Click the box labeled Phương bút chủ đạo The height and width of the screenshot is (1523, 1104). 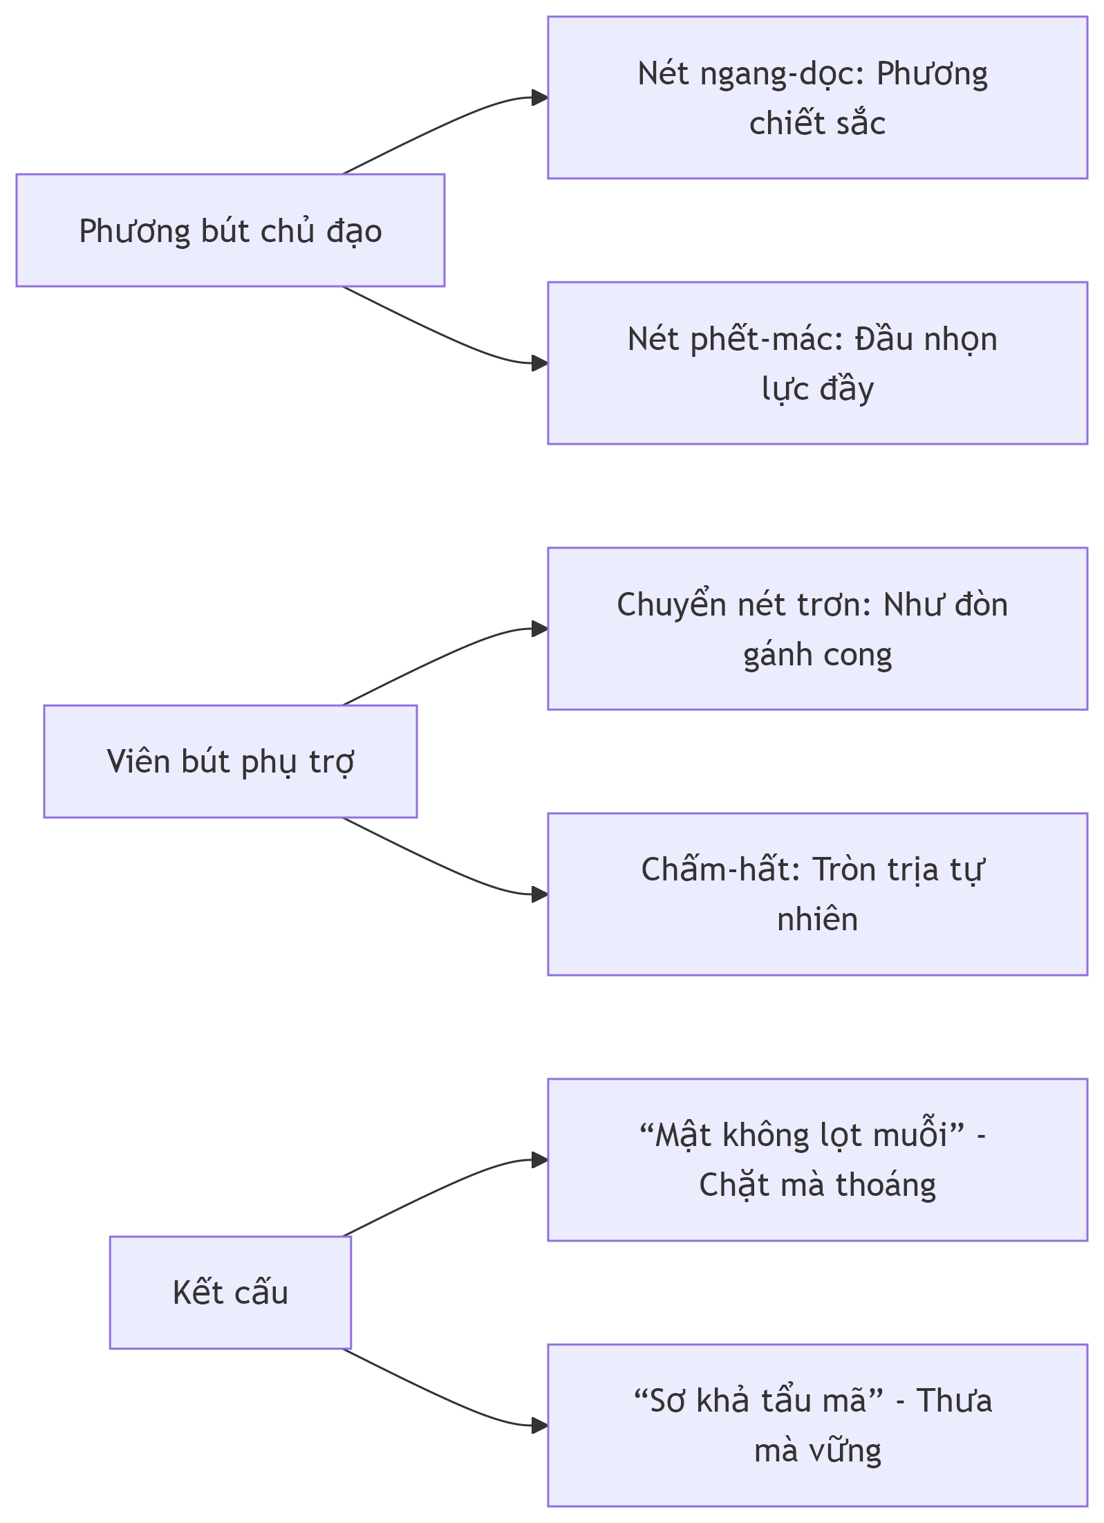[230, 230]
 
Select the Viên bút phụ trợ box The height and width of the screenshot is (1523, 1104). [230, 762]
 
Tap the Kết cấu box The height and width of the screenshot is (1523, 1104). [230, 1293]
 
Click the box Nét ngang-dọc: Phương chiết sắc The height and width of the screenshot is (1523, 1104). [818, 98]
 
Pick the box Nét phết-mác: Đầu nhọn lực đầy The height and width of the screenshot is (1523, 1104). [818, 363]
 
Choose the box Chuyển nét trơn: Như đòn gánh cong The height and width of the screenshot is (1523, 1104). [818, 629]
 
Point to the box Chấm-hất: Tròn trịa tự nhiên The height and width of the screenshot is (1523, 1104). [818, 894]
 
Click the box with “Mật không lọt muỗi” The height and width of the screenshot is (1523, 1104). [818, 1160]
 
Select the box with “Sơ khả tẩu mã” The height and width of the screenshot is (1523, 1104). [818, 1425]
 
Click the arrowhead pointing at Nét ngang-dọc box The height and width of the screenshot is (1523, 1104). [540, 98]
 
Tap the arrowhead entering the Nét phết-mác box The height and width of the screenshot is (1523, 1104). [540, 363]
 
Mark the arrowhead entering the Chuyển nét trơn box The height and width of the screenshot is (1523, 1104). [540, 629]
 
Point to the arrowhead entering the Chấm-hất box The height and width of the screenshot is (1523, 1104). [540, 894]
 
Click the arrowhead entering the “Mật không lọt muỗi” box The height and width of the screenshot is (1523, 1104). [540, 1160]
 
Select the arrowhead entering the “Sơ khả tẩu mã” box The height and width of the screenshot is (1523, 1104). [540, 1425]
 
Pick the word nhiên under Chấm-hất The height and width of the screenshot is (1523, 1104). [818, 919]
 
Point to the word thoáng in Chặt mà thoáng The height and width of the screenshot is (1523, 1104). [886, 1185]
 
